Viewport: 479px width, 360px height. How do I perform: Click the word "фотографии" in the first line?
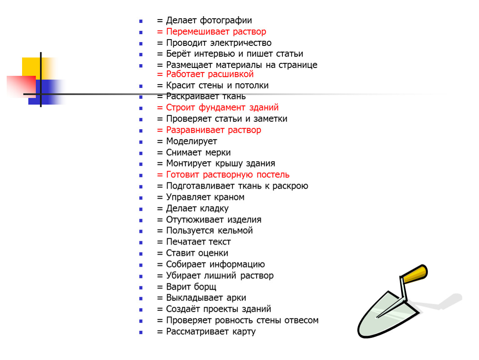pyautogui.click(x=226, y=21)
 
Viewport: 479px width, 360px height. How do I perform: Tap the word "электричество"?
pyautogui.click(x=241, y=43)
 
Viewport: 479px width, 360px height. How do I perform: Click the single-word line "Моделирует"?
pyautogui.click(x=192, y=142)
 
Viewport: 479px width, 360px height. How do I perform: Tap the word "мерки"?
pyautogui.click(x=218, y=152)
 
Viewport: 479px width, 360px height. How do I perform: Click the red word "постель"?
pyautogui.click(x=273, y=175)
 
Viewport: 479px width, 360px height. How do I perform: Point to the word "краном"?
pyautogui.click(x=229, y=197)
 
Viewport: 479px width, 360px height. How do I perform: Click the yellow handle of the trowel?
pyautogui.click(x=415, y=273)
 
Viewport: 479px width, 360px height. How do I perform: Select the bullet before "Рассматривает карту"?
pyautogui.click(x=141, y=332)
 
